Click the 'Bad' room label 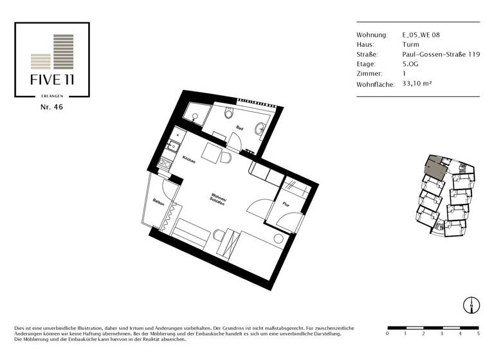click(239, 129)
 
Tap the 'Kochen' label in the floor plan click(188, 159)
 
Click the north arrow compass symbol click(471, 305)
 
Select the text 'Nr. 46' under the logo click(51, 107)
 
